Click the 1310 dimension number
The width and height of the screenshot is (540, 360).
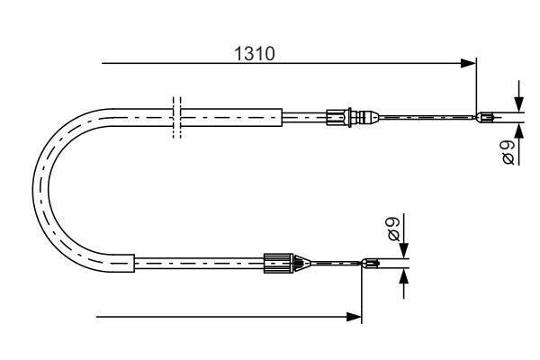255,54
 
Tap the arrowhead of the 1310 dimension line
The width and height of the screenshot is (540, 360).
468,63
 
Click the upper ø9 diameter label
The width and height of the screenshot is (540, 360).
508,151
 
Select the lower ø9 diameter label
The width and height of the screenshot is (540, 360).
393,229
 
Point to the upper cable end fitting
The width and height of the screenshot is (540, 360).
485,118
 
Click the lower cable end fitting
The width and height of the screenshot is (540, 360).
371,263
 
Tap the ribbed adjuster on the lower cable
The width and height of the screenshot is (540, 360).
278,264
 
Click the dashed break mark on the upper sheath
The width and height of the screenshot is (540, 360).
176,118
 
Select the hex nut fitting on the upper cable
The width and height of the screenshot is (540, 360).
337,118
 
